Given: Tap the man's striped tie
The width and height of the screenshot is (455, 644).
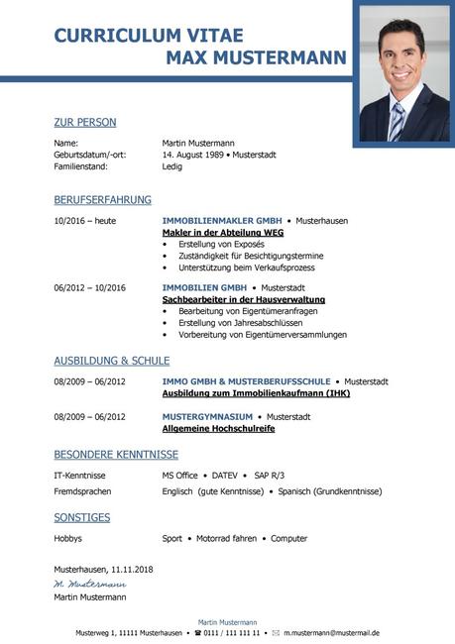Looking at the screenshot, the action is [x=397, y=121].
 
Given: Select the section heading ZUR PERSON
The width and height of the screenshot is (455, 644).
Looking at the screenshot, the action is [x=85, y=123].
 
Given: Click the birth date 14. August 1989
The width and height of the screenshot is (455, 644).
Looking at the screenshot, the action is [x=192, y=155].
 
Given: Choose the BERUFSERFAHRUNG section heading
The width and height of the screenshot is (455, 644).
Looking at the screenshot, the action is [x=103, y=199].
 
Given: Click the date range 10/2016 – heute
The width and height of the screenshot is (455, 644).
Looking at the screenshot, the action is [x=85, y=220].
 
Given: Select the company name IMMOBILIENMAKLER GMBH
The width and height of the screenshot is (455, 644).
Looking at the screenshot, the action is [x=222, y=220].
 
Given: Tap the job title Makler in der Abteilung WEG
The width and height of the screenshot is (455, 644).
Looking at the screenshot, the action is [x=223, y=232].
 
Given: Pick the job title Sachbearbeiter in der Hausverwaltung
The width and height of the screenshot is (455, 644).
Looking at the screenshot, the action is [x=243, y=299].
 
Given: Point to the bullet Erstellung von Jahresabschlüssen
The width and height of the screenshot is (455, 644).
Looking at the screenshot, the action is [x=239, y=323].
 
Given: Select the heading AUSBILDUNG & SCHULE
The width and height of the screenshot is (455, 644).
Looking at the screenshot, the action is [x=112, y=361].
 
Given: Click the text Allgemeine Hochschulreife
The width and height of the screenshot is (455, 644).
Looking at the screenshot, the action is [x=218, y=429].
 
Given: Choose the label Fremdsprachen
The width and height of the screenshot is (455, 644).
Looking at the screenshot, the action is [x=82, y=491].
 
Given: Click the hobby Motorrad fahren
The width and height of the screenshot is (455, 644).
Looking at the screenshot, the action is [x=226, y=539].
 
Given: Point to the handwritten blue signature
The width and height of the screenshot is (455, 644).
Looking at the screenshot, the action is [x=90, y=585].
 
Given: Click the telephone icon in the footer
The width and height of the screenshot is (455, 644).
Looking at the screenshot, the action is [x=198, y=632].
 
